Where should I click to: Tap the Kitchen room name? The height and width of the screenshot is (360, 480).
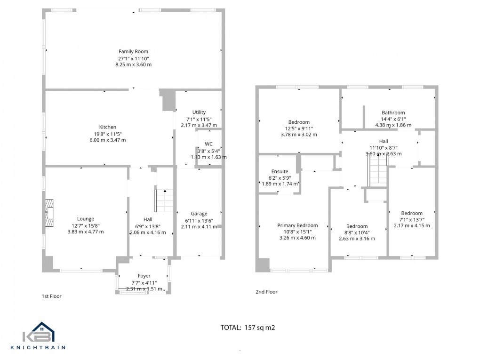pyautogui.click(x=107, y=127)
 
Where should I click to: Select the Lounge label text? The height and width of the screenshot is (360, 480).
pyautogui.click(x=85, y=218)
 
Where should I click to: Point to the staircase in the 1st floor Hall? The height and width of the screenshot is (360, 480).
pyautogui.click(x=164, y=200)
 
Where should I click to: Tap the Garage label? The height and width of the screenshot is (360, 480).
pyautogui.click(x=199, y=214)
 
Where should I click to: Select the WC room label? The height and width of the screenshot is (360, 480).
pyautogui.click(x=208, y=144)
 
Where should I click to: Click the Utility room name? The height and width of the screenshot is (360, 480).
pyautogui.click(x=199, y=112)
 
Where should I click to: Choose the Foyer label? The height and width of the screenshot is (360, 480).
pyautogui.click(x=144, y=276)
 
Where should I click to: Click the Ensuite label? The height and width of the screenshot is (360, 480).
pyautogui.click(x=280, y=171)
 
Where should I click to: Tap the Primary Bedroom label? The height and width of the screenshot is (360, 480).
pyautogui.click(x=297, y=225)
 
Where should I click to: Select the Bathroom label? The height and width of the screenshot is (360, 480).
pyautogui.click(x=393, y=112)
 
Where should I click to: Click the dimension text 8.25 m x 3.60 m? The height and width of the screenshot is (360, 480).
pyautogui.click(x=133, y=64)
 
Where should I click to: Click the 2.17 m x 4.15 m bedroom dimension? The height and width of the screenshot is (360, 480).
pyautogui.click(x=411, y=225)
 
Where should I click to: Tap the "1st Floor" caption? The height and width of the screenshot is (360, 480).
pyautogui.click(x=51, y=296)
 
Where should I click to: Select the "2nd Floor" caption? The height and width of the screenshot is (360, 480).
pyautogui.click(x=266, y=292)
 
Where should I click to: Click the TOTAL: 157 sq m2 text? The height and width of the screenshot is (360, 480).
pyautogui.click(x=248, y=327)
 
